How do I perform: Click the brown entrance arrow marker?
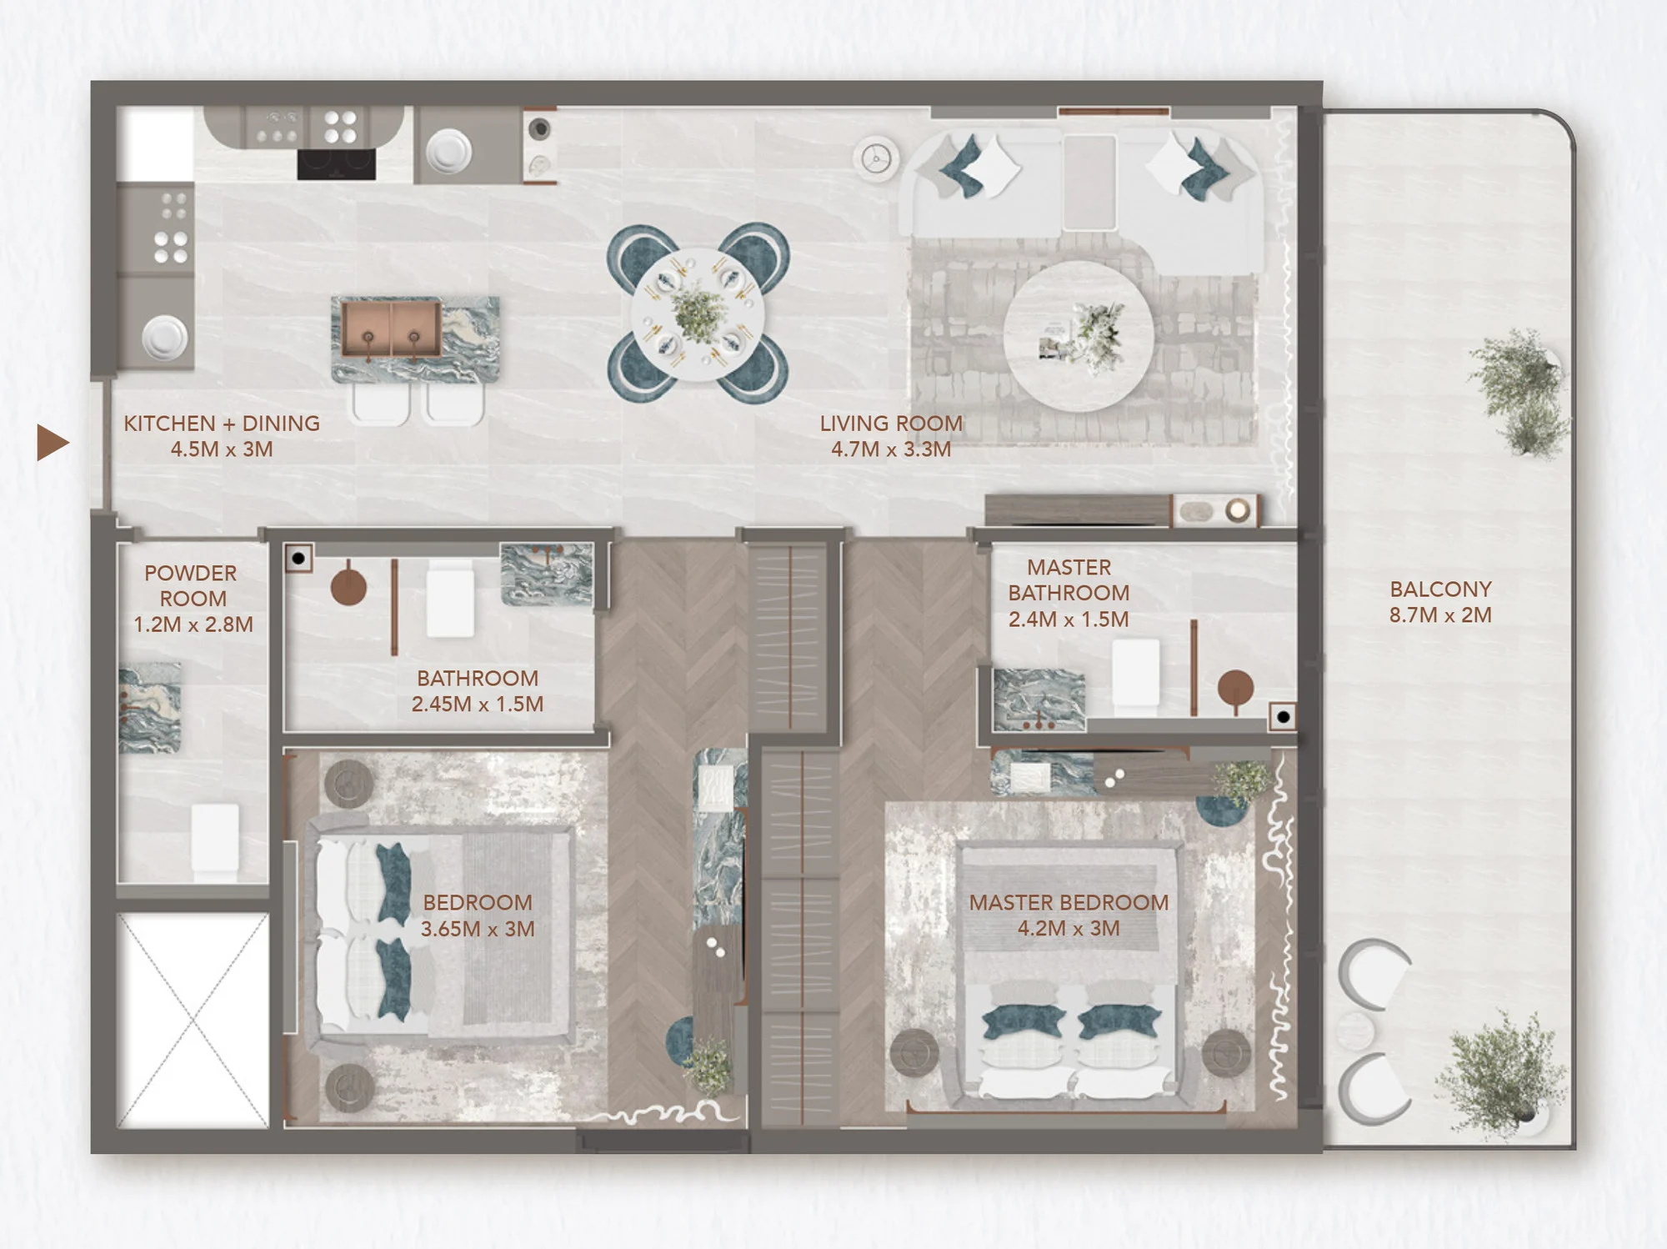pyautogui.click(x=53, y=442)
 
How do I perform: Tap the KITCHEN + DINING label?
pyautogui.click(x=222, y=423)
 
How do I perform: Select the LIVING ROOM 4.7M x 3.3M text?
pyautogui.click(x=891, y=436)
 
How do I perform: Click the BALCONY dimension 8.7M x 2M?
pyautogui.click(x=1440, y=615)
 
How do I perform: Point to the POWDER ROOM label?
pyautogui.click(x=191, y=585)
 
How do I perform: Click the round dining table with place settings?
pyautogui.click(x=698, y=314)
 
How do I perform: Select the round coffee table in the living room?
pyautogui.click(x=1079, y=336)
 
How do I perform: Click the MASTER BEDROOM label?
pyautogui.click(x=1069, y=902)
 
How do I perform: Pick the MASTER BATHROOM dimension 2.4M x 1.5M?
pyautogui.click(x=1069, y=619)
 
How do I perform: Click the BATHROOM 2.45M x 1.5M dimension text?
pyautogui.click(x=478, y=705)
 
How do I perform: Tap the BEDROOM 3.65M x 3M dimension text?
pyautogui.click(x=478, y=929)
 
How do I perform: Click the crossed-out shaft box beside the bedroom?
pyautogui.click(x=193, y=1021)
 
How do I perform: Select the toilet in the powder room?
pyautogui.click(x=215, y=839)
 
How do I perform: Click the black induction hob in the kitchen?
pyautogui.click(x=337, y=164)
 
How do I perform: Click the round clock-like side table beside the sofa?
pyautogui.click(x=876, y=158)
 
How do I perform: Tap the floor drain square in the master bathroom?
pyautogui.click(x=1283, y=717)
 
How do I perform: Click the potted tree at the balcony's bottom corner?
pyautogui.click(x=1498, y=1074)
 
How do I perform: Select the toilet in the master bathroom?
pyautogui.click(x=1136, y=673)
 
